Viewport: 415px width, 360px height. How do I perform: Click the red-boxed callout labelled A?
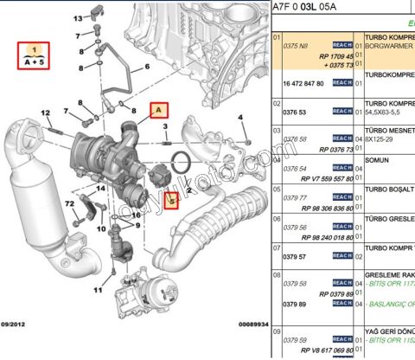(x=158, y=109)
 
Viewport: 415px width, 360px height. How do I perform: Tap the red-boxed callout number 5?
(x=171, y=202)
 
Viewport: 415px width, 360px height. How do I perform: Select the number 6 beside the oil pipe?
(x=148, y=65)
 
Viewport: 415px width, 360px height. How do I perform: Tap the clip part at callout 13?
(x=99, y=16)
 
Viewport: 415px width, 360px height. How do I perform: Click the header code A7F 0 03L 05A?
(x=310, y=7)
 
